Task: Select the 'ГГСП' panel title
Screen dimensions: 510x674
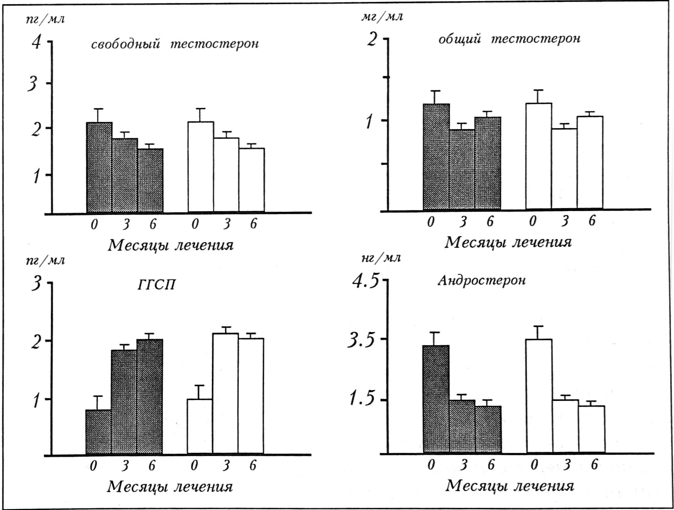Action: point(156,285)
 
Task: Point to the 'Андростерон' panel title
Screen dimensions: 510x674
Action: point(481,280)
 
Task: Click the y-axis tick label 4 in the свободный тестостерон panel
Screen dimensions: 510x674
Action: point(36,42)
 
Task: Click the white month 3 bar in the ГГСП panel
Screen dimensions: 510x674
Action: point(225,393)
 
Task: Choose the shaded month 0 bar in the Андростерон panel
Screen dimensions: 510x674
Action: point(436,399)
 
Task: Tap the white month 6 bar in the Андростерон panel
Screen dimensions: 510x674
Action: point(591,429)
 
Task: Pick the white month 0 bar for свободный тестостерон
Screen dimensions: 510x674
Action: point(201,167)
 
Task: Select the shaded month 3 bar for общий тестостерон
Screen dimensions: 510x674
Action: point(462,169)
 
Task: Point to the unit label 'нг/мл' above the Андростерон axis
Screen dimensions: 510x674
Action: point(380,258)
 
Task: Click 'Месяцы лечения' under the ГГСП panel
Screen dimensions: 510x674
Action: point(170,487)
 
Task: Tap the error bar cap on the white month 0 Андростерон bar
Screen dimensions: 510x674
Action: point(539,327)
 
